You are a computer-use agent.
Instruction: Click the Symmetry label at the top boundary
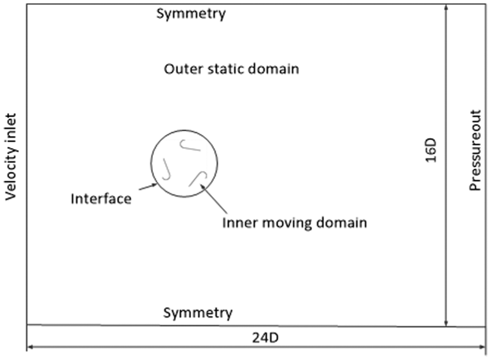click(191, 14)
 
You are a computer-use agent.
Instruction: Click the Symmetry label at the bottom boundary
click(198, 313)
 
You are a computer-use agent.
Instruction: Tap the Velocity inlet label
click(10, 156)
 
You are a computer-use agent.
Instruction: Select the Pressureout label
click(475, 150)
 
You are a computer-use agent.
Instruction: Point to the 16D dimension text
click(431, 150)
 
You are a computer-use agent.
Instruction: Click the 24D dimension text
click(265, 337)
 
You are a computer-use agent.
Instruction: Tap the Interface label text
click(101, 199)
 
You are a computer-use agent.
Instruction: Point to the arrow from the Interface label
click(148, 187)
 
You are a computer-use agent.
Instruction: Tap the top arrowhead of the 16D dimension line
click(446, 7)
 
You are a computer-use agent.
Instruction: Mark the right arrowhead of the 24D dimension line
click(482, 347)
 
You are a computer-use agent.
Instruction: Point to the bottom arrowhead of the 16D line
click(446, 323)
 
